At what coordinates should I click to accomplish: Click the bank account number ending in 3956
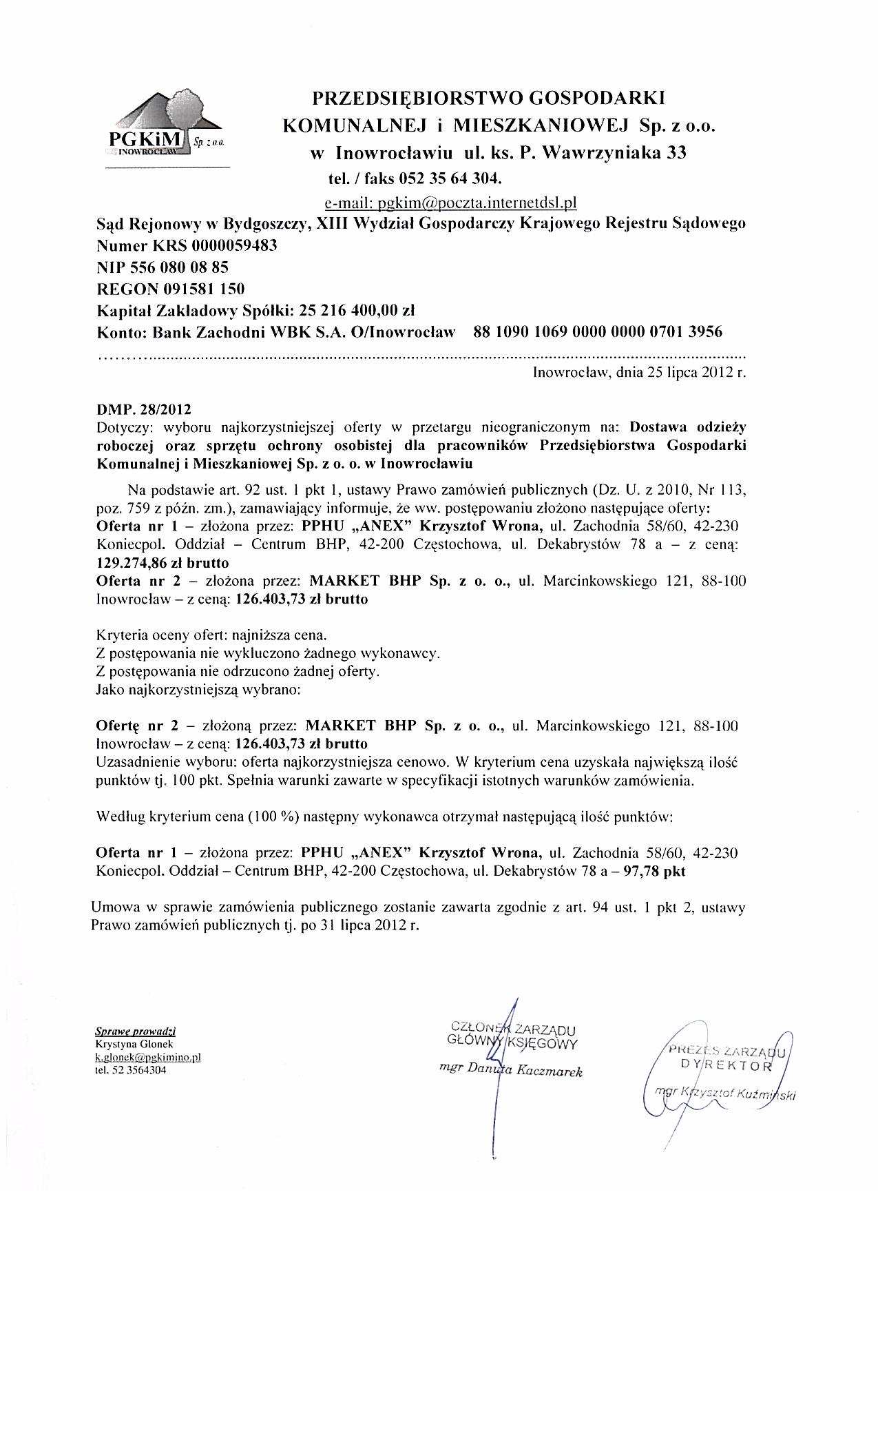(x=598, y=332)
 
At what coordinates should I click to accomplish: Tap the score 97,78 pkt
(x=654, y=871)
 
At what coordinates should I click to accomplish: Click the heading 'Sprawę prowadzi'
(x=135, y=1032)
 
